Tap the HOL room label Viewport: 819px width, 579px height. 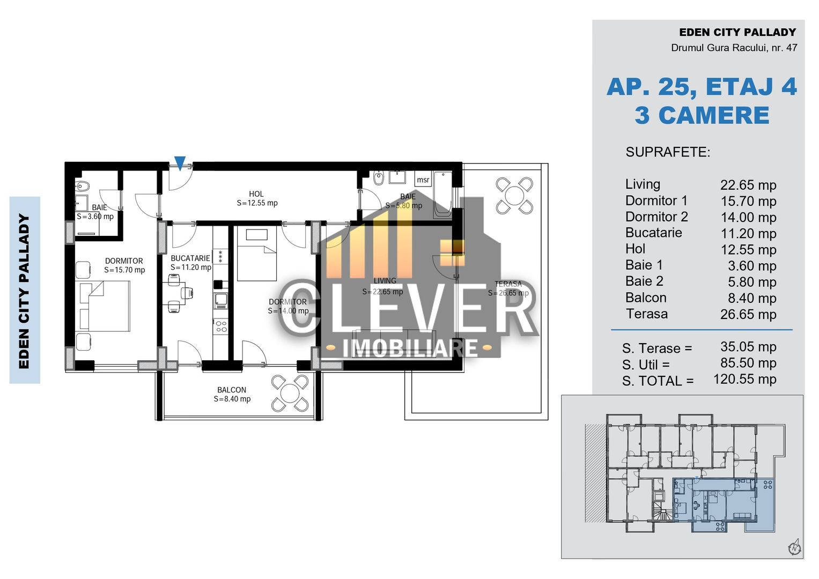click(256, 194)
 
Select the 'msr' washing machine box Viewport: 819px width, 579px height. click(423, 180)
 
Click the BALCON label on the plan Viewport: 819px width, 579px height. click(232, 390)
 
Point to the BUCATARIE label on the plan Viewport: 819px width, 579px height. click(190, 258)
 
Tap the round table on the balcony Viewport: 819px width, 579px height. click(290, 393)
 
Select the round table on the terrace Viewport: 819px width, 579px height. click(514, 196)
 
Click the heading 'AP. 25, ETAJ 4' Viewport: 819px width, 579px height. click(702, 87)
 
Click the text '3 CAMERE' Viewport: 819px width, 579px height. click(702, 115)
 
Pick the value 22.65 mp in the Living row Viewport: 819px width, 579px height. click(748, 185)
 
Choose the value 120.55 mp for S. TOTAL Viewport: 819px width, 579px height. click(744, 379)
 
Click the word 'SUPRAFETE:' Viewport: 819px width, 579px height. click(668, 152)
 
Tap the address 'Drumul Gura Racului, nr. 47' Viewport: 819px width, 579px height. click(734, 48)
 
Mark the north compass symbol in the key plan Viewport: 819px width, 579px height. click(794, 547)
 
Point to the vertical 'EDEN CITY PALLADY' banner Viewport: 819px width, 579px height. click(25, 290)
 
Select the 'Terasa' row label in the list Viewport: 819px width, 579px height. click(646, 314)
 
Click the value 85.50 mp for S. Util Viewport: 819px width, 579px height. click(748, 363)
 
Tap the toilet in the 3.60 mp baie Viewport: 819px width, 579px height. click(83, 187)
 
